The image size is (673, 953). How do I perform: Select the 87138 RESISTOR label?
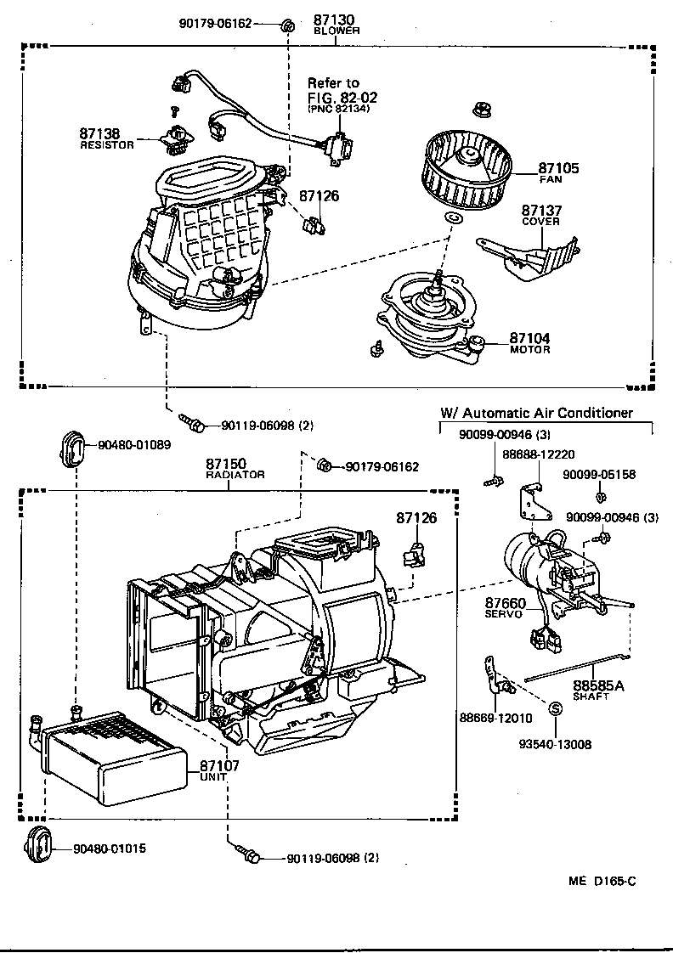[100, 138]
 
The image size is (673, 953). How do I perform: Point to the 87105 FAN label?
[558, 173]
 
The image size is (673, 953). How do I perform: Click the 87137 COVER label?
[541, 215]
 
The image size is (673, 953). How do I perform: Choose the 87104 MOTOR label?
[529, 343]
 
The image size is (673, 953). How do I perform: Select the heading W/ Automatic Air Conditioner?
[536, 413]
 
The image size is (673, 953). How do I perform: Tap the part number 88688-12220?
[538, 455]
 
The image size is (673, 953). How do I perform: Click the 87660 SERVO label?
[505, 608]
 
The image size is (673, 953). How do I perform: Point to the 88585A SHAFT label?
[597, 689]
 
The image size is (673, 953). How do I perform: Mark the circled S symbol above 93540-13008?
[554, 708]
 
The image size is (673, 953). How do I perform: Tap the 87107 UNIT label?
[219, 770]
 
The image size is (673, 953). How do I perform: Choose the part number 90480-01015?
[109, 849]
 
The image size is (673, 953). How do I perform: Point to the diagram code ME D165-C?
[602, 880]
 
